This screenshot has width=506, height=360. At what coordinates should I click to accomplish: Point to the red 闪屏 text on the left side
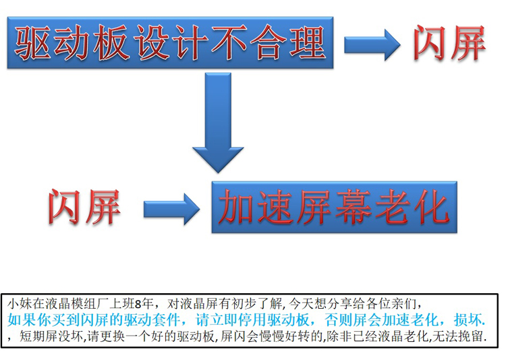pyautogui.click(x=85, y=204)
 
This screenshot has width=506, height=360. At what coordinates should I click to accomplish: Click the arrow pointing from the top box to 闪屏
pyautogui.click(x=370, y=45)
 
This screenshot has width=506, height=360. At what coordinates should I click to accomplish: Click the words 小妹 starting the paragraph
pyautogui.click(x=20, y=302)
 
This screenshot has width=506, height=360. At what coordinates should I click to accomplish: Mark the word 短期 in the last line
pyautogui.click(x=33, y=335)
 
